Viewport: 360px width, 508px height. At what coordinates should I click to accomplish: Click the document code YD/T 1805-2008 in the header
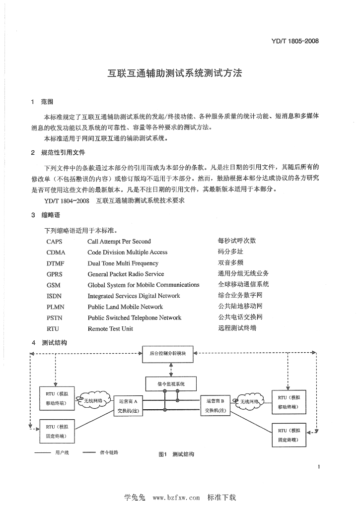[294, 41]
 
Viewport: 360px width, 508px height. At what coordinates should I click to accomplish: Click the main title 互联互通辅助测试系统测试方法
[174, 73]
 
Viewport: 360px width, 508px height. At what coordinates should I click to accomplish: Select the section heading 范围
[47, 102]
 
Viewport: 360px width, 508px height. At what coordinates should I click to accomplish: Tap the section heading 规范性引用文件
[63, 153]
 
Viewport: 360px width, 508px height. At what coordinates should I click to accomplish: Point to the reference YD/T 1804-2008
[67, 201]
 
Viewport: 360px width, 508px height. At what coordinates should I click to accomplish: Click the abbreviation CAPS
[54, 242]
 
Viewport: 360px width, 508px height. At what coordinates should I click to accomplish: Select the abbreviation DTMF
[55, 263]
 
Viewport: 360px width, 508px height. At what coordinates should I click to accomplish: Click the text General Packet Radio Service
[126, 274]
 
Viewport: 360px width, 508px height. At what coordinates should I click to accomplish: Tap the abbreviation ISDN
[54, 296]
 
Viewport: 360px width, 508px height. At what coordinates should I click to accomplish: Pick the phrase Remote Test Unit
[110, 329]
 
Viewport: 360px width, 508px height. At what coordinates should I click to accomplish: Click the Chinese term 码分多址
[230, 252]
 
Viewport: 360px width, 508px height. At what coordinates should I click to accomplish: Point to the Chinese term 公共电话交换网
[240, 317]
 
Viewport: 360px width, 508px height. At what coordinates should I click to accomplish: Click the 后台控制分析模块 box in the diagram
[168, 354]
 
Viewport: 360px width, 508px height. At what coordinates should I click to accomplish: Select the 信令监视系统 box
[171, 384]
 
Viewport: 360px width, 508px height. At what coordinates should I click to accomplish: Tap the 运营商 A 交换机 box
[128, 406]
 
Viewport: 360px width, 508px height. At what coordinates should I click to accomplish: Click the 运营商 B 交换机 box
[215, 406]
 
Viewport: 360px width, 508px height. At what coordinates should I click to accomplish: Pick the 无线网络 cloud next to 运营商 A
[93, 401]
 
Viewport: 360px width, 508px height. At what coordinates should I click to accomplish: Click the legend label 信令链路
[109, 452]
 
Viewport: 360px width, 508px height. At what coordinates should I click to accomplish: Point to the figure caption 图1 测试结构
[176, 454]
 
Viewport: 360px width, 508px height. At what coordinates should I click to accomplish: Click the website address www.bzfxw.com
[176, 498]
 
